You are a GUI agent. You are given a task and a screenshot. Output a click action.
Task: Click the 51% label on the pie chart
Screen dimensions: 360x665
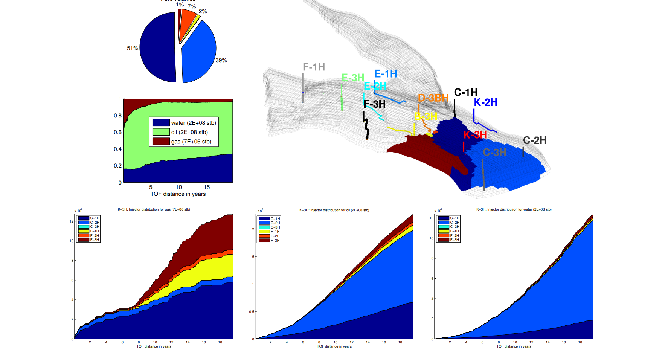pos(132,48)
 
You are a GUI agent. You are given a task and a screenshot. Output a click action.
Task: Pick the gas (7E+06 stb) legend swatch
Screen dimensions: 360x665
pos(161,142)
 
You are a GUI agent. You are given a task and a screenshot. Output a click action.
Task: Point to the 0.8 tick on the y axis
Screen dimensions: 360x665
pos(117,116)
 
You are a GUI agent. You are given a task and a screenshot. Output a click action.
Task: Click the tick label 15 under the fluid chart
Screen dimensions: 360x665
pos(207,187)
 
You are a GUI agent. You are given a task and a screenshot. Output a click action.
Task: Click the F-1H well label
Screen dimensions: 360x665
pos(314,67)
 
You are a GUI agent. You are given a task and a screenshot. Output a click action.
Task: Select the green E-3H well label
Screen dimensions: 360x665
pos(352,78)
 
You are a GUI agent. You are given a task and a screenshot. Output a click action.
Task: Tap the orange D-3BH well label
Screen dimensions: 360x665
pos(433,98)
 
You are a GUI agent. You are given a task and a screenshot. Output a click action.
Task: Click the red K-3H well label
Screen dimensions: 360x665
pos(475,135)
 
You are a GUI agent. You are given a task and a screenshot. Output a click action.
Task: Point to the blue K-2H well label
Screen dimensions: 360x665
pos(485,102)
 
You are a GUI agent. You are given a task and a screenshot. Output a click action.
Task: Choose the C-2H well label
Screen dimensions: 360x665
pos(534,140)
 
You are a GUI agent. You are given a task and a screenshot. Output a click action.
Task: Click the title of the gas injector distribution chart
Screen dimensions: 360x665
pos(154,209)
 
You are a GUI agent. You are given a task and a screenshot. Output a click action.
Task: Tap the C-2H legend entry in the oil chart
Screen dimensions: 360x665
pos(275,223)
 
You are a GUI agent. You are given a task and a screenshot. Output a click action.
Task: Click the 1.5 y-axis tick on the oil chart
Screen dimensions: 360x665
pos(252,257)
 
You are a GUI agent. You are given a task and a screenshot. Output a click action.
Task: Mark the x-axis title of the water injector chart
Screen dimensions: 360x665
pos(514,346)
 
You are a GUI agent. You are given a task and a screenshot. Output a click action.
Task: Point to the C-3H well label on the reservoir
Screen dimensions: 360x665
pos(494,153)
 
